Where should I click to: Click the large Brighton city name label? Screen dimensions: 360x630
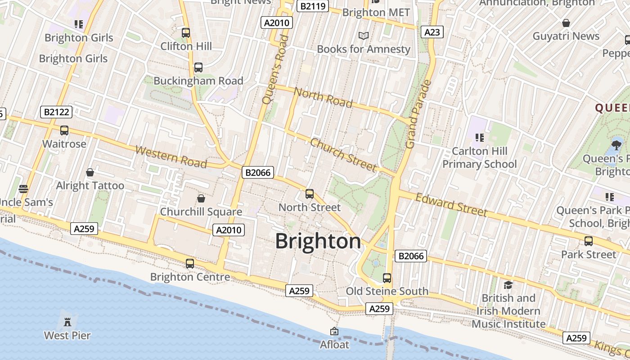[318, 241]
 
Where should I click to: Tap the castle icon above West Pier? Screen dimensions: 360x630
[67, 322]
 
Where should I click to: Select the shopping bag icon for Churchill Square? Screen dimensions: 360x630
[201, 198]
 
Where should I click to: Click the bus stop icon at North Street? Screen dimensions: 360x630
[310, 194]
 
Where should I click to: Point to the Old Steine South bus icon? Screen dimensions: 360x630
[387, 278]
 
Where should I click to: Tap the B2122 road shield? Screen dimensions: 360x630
[56, 112]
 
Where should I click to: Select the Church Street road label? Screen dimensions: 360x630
[343, 155]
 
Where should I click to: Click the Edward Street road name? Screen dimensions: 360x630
[451, 205]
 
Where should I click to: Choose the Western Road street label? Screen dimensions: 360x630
[171, 157]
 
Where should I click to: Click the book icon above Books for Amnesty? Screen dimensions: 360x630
[363, 36]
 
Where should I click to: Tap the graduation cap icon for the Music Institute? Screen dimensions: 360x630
[508, 285]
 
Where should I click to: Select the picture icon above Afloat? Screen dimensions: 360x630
[334, 331]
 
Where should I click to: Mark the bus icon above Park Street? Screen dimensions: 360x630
[589, 241]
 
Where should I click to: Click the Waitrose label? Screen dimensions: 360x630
[64, 144]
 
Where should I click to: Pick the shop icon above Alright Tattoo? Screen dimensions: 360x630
[90, 172]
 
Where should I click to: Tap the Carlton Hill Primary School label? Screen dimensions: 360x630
[479, 157]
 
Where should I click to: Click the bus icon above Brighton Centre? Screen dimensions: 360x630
[190, 264]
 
